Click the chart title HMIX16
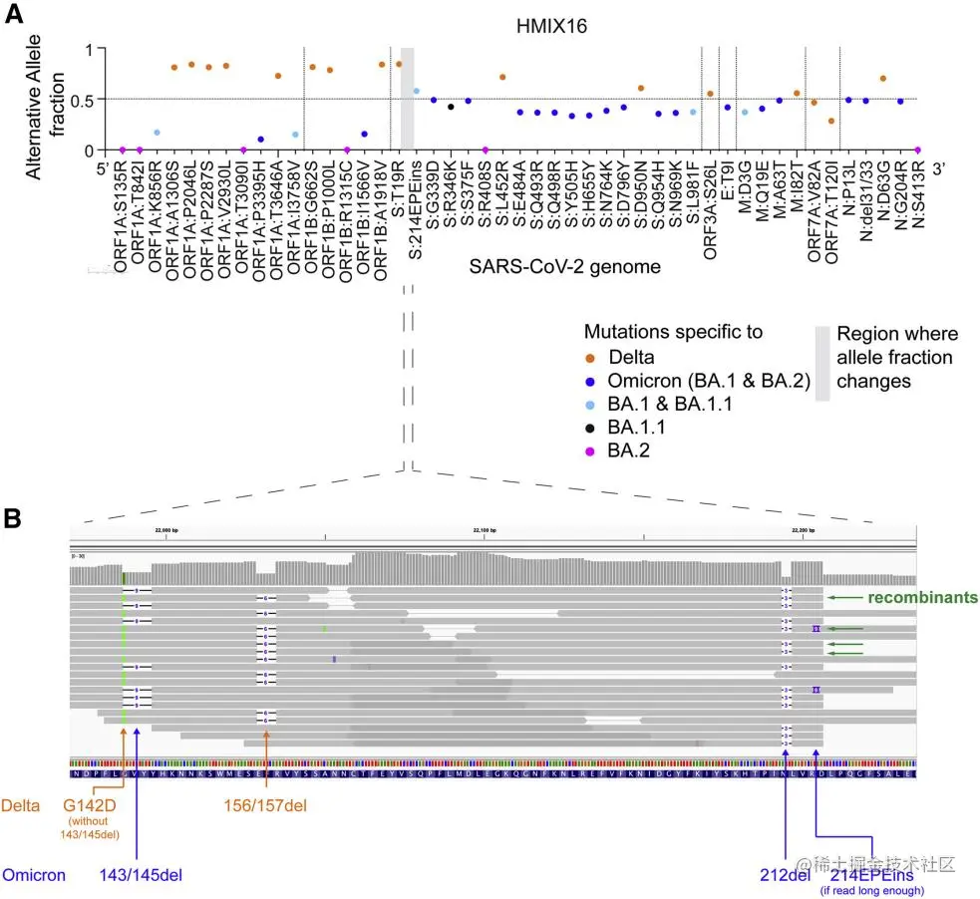coord(516,27)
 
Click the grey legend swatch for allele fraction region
coord(822,363)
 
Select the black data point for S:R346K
coord(451,107)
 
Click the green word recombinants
coord(922,598)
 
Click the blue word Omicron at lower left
coord(34,875)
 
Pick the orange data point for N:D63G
coord(882,79)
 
